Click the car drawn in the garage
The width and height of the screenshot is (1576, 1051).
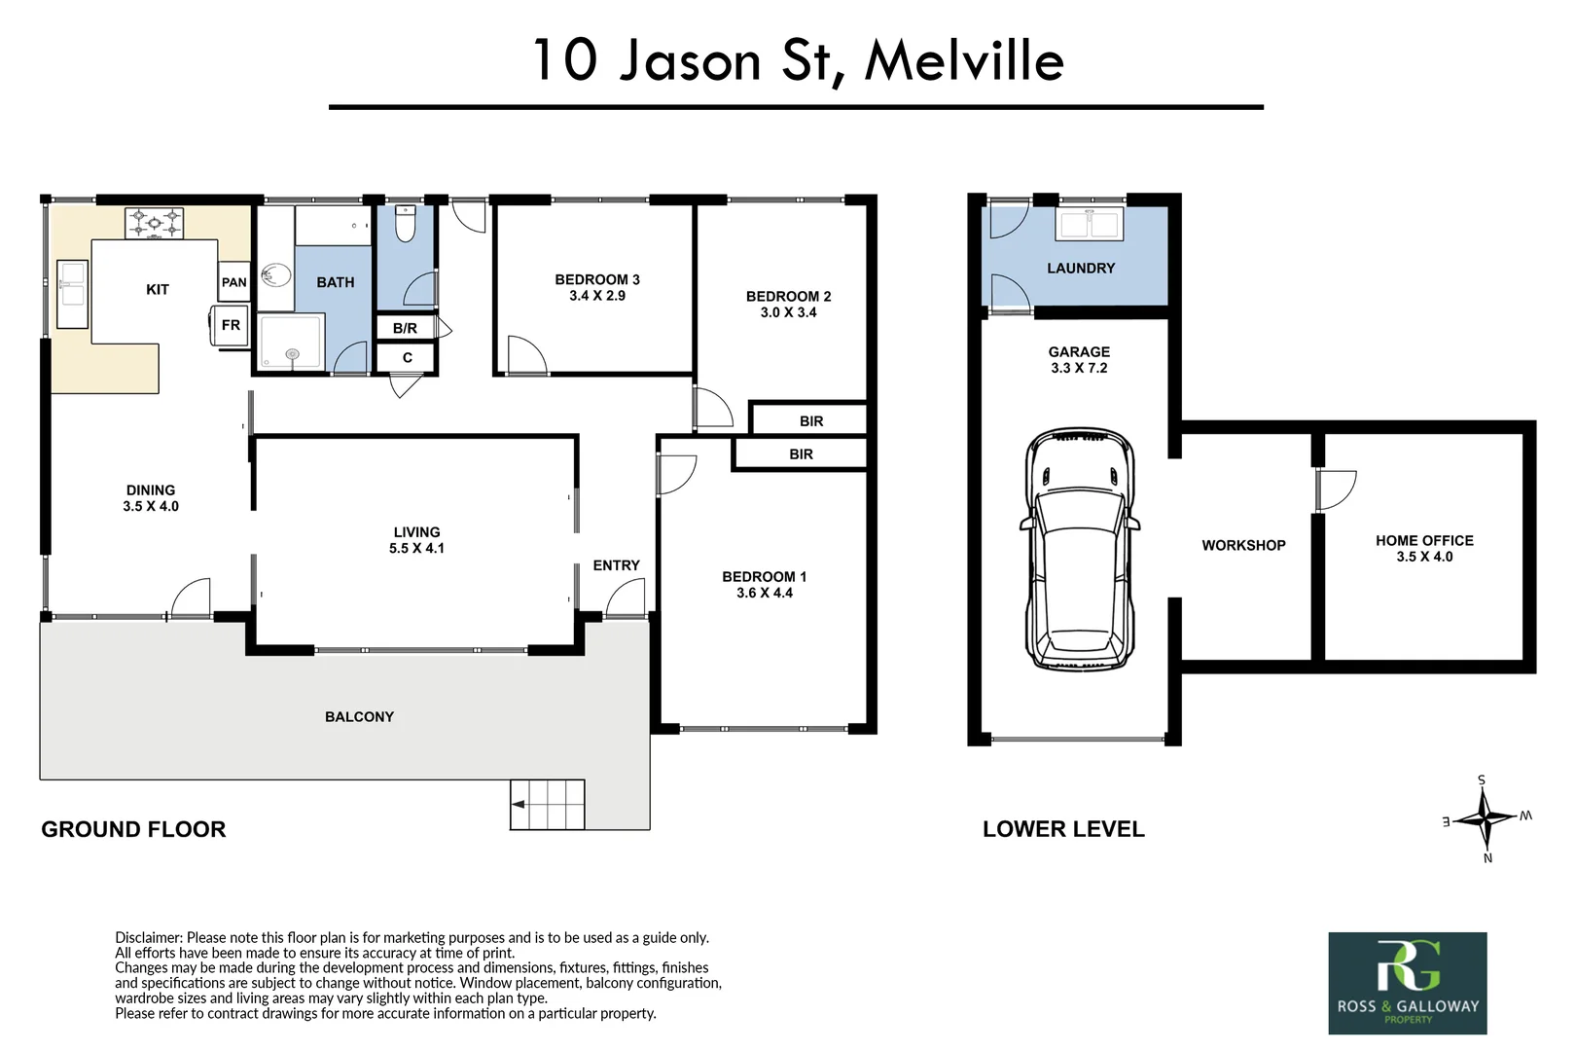tap(1079, 550)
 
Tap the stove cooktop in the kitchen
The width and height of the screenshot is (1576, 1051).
tap(155, 224)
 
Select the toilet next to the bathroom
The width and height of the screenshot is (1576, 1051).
tap(406, 225)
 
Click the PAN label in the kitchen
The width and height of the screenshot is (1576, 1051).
tap(233, 282)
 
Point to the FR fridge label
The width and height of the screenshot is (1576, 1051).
tap(231, 325)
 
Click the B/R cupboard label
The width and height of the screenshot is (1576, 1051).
tap(405, 328)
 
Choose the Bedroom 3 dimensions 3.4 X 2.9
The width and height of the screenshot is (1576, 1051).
tap(597, 296)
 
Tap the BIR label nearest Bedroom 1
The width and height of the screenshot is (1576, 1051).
tap(801, 454)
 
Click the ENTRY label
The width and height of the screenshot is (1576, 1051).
tap(616, 565)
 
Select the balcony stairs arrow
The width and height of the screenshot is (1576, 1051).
tap(519, 804)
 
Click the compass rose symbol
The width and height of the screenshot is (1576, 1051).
tap(1485, 818)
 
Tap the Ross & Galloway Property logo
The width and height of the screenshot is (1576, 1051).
tap(1408, 983)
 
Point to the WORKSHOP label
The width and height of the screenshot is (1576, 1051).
tap(1243, 546)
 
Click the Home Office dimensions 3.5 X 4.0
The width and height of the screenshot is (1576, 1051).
tap(1424, 557)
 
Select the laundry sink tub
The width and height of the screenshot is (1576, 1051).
tap(1090, 224)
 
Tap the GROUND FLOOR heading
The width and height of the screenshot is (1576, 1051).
tap(133, 829)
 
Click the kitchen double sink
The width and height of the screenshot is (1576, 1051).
tap(73, 294)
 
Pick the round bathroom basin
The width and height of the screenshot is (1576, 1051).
tap(275, 275)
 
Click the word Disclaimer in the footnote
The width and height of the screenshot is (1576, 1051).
tap(148, 938)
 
